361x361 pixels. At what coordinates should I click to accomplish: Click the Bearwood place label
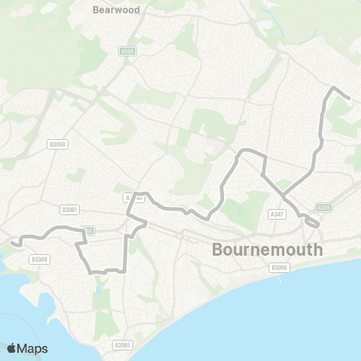click(111, 11)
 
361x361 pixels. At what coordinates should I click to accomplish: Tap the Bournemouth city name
click(268, 249)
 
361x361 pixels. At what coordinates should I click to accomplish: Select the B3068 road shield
click(57, 144)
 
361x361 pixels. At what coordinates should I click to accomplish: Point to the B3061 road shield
click(70, 210)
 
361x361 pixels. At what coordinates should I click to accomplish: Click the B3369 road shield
click(39, 258)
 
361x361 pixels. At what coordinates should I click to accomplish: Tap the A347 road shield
click(275, 214)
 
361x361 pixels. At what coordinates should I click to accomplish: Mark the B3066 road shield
click(279, 268)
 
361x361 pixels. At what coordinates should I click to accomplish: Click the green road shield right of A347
click(323, 208)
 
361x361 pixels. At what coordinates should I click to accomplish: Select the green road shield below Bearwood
click(127, 51)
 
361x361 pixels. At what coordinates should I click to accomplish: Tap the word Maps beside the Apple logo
click(34, 348)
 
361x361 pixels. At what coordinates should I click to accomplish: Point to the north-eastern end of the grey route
click(350, 98)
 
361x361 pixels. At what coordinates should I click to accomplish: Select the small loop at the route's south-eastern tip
click(311, 223)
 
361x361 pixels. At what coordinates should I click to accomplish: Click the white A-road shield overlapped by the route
click(132, 197)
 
